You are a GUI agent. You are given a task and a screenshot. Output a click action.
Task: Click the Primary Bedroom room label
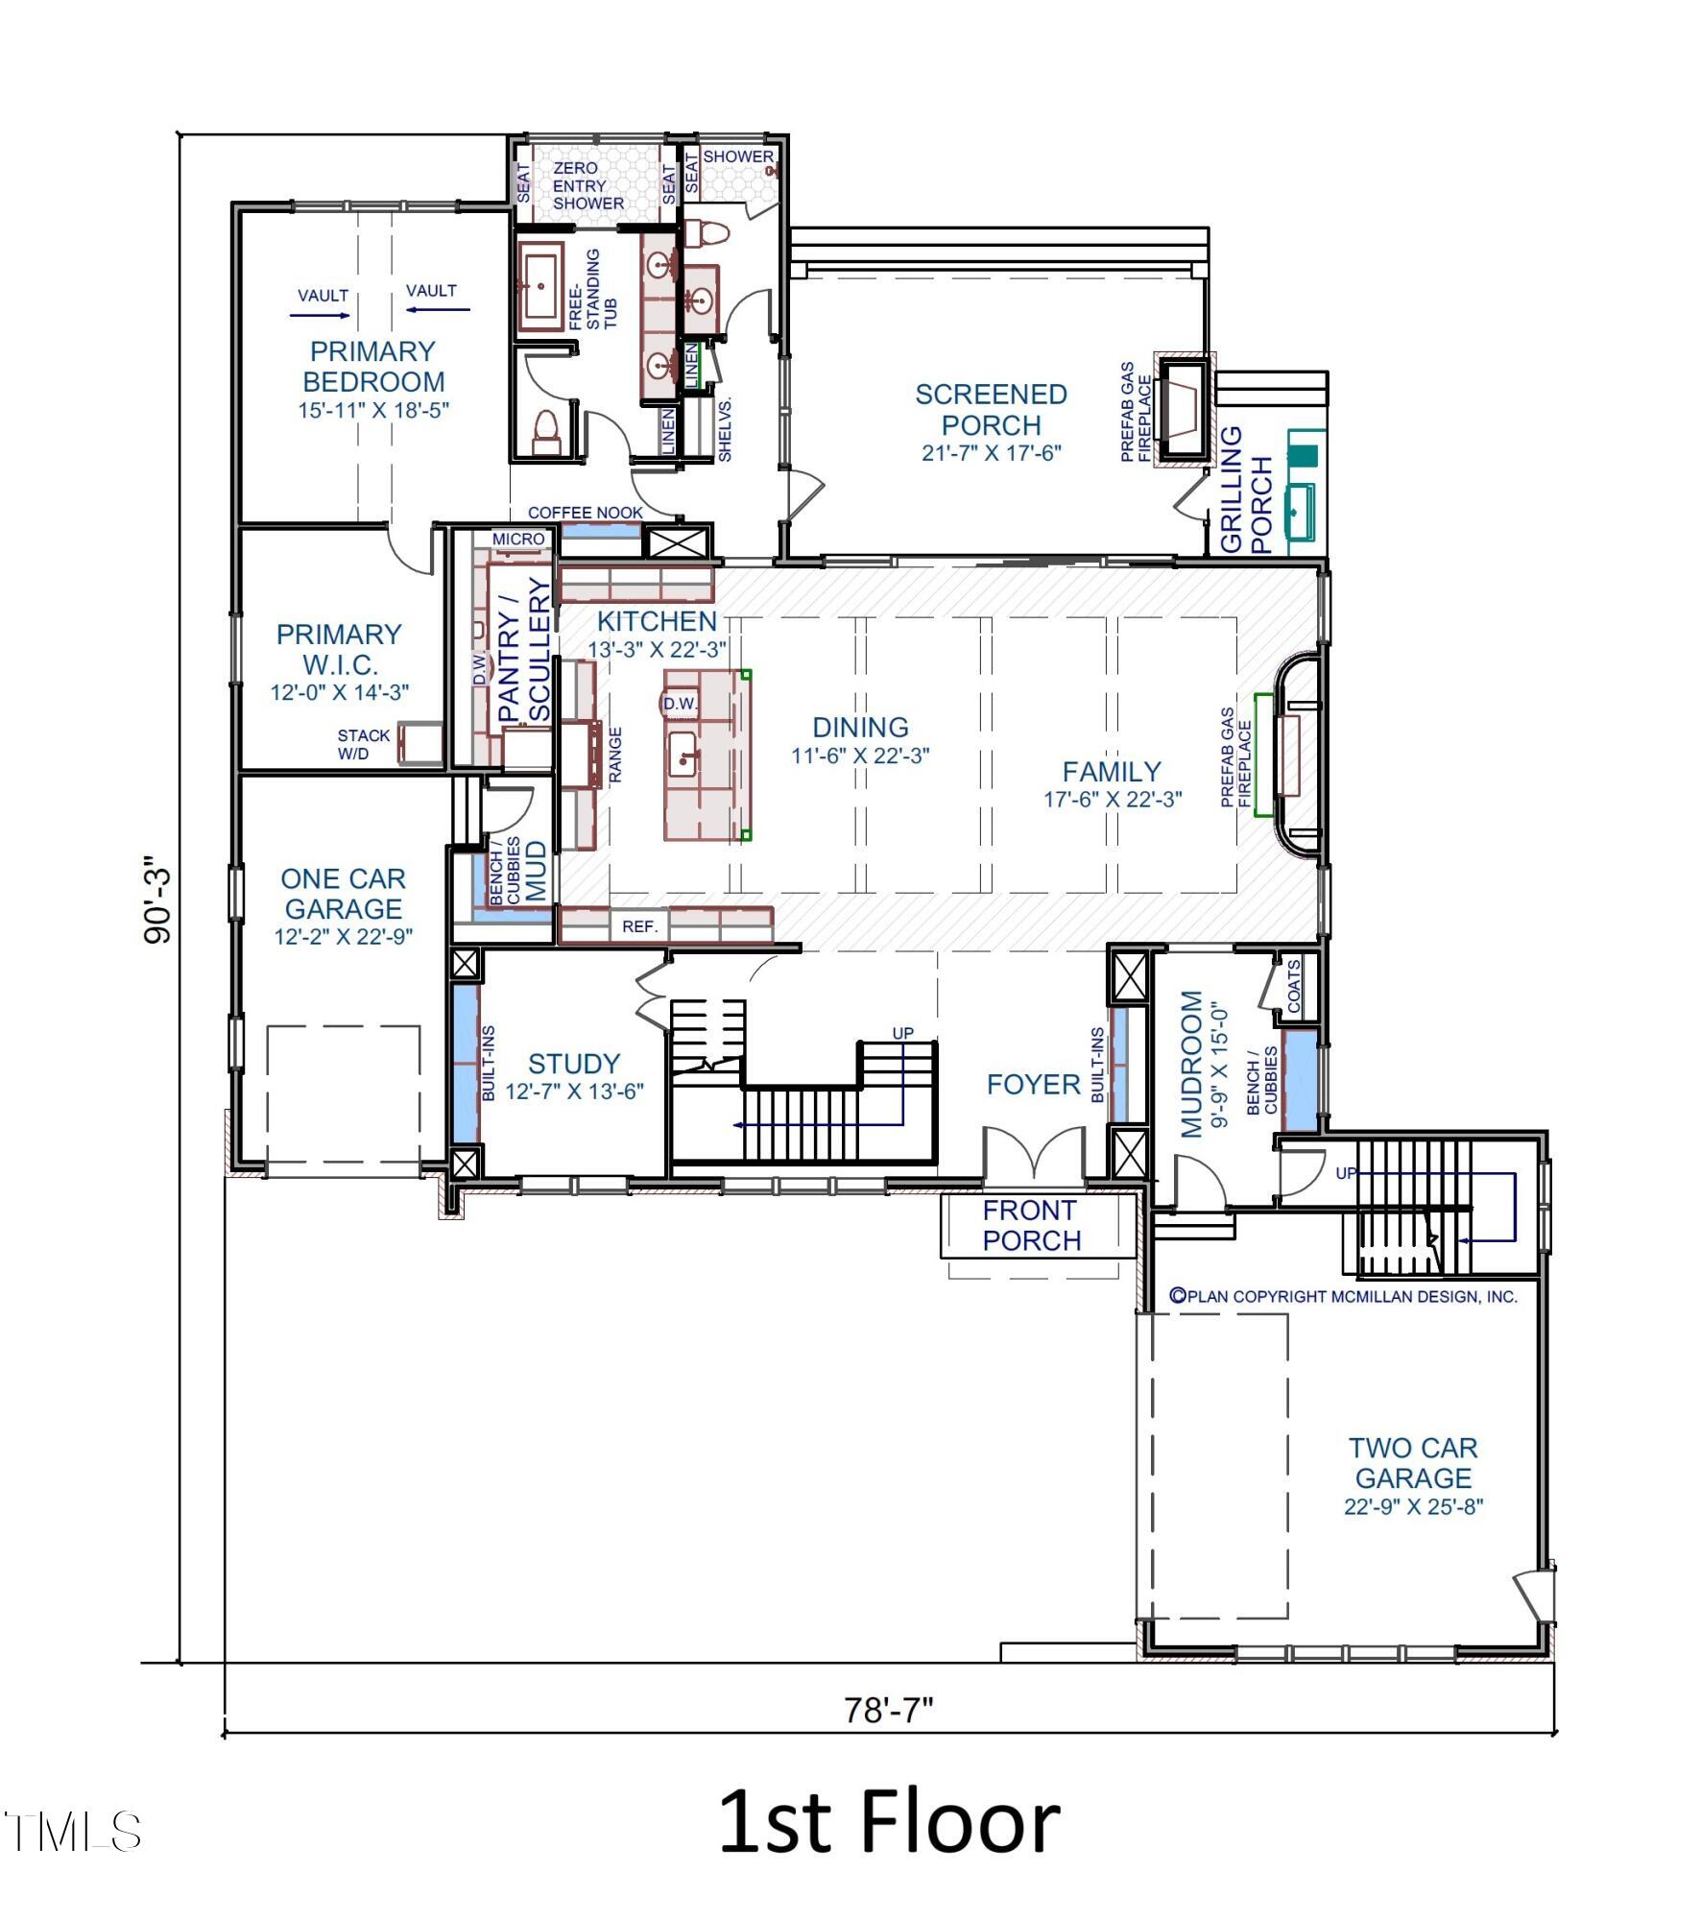click(373, 366)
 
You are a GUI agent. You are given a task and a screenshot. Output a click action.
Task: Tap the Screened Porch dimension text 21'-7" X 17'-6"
click(991, 452)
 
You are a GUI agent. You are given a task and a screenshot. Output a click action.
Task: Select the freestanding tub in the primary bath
click(539, 287)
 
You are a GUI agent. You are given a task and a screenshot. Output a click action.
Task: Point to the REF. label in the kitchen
click(640, 926)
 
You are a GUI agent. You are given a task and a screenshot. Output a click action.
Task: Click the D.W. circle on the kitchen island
click(680, 704)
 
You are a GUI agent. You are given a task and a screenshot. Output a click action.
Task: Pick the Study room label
click(574, 1063)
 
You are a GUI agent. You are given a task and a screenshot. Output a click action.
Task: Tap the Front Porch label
click(1032, 1225)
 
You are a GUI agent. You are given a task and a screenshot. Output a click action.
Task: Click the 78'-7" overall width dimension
click(888, 1710)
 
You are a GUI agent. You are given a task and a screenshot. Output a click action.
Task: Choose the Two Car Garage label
click(1413, 1462)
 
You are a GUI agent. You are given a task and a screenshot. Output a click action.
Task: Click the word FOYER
click(1033, 1085)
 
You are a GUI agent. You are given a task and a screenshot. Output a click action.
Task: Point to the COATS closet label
click(1293, 986)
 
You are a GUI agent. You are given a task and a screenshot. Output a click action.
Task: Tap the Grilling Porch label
click(1246, 490)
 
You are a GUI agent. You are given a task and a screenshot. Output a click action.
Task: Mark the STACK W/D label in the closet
click(364, 744)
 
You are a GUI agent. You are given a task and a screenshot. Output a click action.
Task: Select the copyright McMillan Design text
click(1343, 1296)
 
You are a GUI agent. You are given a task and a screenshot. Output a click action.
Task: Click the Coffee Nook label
click(585, 513)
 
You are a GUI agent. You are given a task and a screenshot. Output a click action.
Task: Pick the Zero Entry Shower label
click(587, 185)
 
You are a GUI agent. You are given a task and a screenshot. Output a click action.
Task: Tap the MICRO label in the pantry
click(518, 540)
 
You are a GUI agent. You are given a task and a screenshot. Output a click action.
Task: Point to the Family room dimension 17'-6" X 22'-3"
click(1113, 799)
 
